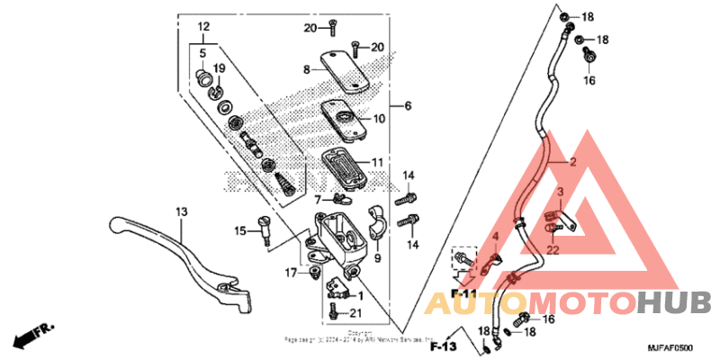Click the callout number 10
[x=379, y=119]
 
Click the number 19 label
[x=219, y=68]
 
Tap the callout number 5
[x=202, y=54]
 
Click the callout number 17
[x=292, y=272]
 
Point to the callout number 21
[x=355, y=312]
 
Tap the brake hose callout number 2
[x=571, y=163]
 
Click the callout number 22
[x=553, y=249]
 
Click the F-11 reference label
[x=463, y=294]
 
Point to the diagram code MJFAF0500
[x=671, y=346]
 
